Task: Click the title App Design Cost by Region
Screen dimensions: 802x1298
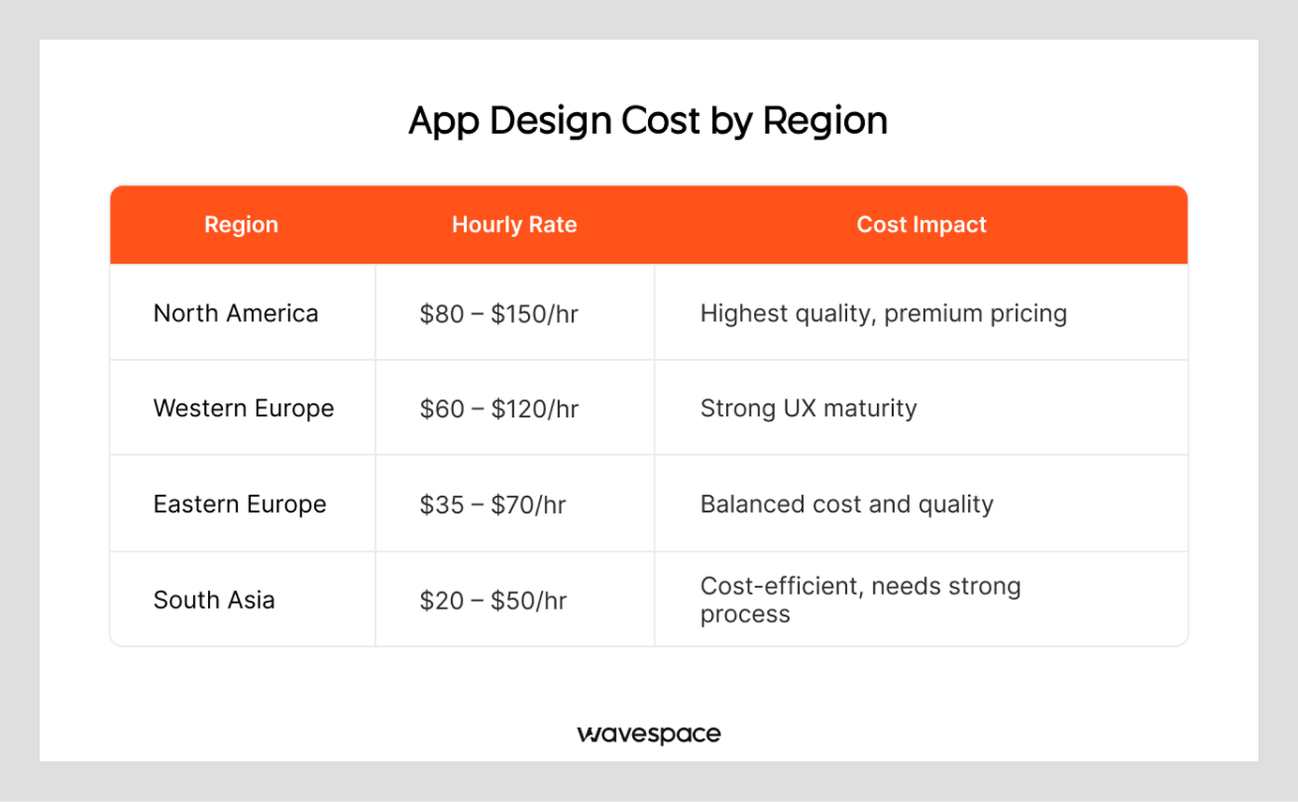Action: point(648,121)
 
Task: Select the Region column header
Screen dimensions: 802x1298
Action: point(241,225)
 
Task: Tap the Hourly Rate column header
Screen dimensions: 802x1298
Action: point(514,225)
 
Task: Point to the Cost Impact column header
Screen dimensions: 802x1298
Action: point(921,225)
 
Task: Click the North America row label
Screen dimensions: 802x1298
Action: point(236,313)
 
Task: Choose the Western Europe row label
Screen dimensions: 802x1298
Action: point(244,408)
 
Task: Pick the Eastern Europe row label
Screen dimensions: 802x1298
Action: point(240,504)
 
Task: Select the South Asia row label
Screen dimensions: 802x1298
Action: point(214,600)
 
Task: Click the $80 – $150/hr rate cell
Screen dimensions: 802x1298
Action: point(498,314)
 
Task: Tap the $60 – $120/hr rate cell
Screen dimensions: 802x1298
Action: point(498,409)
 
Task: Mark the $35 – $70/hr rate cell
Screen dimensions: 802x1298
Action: point(492,505)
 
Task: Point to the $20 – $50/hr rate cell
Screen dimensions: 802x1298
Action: point(492,600)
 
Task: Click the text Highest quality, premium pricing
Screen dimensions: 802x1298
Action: point(883,314)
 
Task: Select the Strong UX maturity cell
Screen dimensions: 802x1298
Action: point(809,408)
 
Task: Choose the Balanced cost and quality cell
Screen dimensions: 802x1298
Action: point(846,504)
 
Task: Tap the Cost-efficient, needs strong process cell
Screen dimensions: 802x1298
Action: point(859,600)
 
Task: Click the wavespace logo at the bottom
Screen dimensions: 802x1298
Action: point(649,735)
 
